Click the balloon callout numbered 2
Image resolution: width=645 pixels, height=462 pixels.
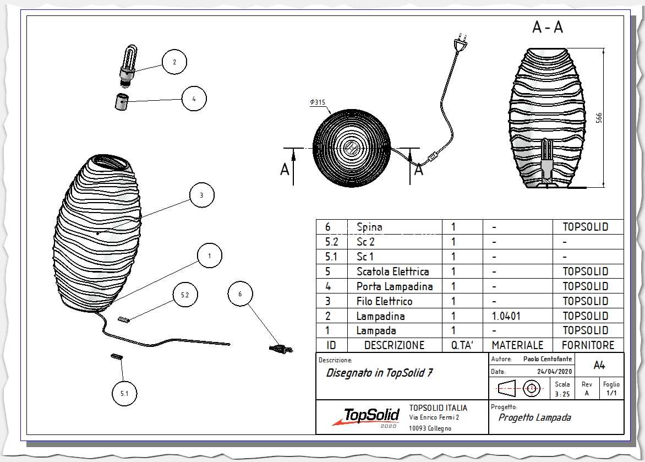(174, 62)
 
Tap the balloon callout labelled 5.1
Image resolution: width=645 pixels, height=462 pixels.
(124, 393)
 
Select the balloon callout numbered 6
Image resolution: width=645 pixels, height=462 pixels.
(240, 293)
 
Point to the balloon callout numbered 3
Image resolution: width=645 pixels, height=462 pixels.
(201, 195)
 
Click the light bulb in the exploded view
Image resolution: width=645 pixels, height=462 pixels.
(129, 66)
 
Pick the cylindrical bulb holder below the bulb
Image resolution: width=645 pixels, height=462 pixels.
(121, 102)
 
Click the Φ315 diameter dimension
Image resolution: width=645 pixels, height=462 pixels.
(318, 102)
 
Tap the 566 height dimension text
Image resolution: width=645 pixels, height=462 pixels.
(599, 118)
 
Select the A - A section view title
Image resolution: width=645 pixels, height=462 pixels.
(548, 27)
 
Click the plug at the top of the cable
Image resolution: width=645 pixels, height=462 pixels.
(461, 41)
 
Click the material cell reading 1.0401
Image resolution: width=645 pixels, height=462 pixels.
(506, 316)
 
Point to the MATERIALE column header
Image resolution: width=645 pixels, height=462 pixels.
(517, 345)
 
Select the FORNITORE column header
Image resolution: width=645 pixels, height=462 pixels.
(588, 345)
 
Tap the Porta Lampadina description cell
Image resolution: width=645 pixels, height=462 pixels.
(395, 286)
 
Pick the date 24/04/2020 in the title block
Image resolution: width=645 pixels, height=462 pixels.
(554, 371)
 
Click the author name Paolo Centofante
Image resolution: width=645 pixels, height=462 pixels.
(548, 359)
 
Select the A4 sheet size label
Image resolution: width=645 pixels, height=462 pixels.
(599, 365)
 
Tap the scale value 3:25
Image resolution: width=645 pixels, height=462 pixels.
(562, 394)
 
